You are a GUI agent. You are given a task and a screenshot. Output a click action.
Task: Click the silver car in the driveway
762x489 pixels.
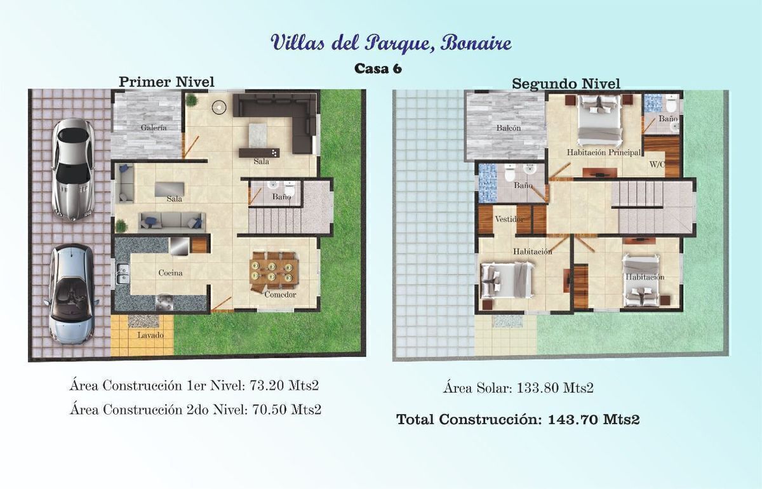coord(72,170)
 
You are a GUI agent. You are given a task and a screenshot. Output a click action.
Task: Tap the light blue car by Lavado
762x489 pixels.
coord(70,293)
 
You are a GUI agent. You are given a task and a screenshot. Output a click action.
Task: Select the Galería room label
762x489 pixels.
coord(154,128)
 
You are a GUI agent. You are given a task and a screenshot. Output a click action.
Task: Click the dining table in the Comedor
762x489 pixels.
coord(274,272)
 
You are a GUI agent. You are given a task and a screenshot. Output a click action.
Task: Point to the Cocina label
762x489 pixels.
coord(170,273)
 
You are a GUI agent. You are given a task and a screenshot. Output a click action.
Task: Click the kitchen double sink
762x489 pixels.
coord(123,274)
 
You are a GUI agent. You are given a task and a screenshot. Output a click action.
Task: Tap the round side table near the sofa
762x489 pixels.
coord(218,107)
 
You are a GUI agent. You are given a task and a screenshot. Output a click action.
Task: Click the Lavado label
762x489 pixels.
coord(150,335)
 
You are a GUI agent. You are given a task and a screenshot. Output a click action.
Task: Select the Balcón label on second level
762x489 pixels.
coord(509,128)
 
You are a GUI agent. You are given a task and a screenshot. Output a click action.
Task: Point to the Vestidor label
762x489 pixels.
coord(509,219)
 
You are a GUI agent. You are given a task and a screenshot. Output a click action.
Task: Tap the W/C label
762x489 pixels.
coord(657,164)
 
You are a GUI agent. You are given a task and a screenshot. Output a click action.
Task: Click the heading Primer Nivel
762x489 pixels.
coord(166,82)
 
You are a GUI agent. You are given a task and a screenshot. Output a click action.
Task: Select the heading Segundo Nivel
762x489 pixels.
coord(566,84)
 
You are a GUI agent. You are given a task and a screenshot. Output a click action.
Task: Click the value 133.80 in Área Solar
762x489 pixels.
coord(537,388)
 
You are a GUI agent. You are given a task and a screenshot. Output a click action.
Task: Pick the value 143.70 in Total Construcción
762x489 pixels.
coord(573,419)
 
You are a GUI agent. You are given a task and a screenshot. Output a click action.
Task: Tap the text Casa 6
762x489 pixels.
coord(378,69)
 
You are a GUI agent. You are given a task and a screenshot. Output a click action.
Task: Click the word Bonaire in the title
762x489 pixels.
coord(476,43)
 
